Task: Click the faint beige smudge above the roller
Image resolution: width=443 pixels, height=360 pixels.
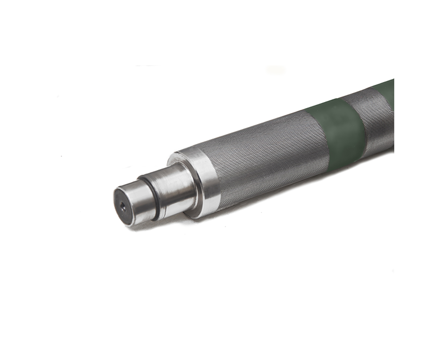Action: (275, 70)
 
